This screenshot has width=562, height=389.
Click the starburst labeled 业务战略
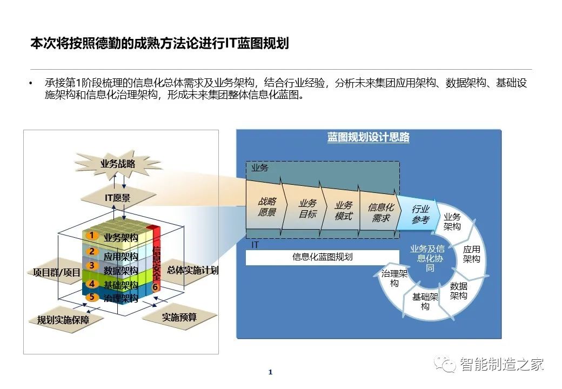(118, 164)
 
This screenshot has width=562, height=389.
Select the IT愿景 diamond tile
(118, 198)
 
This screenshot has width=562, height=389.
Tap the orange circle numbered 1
(92, 235)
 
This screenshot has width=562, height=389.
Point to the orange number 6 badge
(155, 287)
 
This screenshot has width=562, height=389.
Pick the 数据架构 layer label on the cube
(121, 271)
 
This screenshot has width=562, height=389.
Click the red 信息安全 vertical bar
(156, 258)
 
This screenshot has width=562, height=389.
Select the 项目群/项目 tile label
(57, 273)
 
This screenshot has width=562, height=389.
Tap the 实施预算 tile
(179, 317)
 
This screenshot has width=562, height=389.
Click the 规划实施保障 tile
(63, 320)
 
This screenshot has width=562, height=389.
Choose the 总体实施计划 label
(193, 270)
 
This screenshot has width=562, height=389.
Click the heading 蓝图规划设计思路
(369, 137)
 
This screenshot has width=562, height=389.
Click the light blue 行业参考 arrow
(419, 214)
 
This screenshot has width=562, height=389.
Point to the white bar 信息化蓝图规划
(322, 257)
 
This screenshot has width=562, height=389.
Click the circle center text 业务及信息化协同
(427, 258)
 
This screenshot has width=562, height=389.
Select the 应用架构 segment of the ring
(471, 254)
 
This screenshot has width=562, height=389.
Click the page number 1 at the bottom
(271, 372)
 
